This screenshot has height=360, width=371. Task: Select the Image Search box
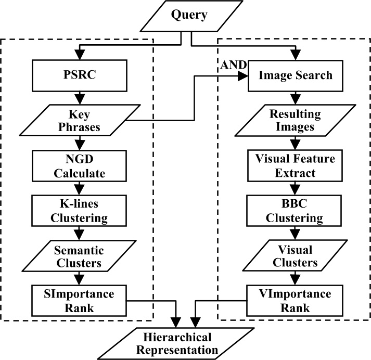click(296, 75)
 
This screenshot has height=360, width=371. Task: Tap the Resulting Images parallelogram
click(296, 120)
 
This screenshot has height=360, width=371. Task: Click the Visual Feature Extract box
click(296, 165)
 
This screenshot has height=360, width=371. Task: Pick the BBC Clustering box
click(296, 210)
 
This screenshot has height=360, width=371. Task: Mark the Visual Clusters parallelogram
click(296, 255)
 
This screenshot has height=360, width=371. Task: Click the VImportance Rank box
click(296, 300)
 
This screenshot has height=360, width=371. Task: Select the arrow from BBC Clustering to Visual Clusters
click(296, 233)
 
